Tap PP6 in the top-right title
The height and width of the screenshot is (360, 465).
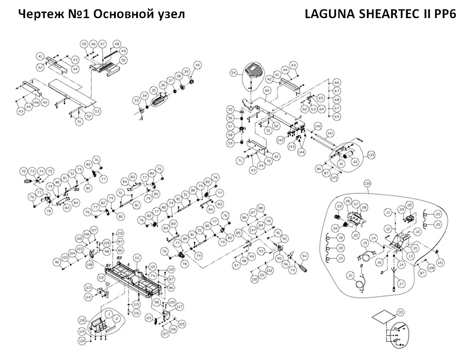pyautogui.click(x=444, y=14)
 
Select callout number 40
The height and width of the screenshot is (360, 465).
pyautogui.click(x=197, y=65)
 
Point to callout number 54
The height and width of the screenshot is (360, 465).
pyautogui.click(x=234, y=72)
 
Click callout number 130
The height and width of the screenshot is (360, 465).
pyautogui.click(x=368, y=183)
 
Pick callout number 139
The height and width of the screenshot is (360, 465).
pyautogui.click(x=371, y=155)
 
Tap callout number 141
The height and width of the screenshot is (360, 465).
pyautogui.click(x=330, y=133)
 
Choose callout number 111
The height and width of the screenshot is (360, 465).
pyautogui.click(x=137, y=257)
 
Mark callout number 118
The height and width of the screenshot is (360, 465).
pyautogui.click(x=82, y=321)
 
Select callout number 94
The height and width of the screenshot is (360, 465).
pyautogui.click(x=305, y=256)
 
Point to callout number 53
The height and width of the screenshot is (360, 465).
pyautogui.click(x=97, y=111)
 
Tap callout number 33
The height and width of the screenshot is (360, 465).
pyautogui.click(x=136, y=100)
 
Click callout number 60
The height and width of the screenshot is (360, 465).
pyautogui.click(x=267, y=91)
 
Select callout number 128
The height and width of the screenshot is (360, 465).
pyautogui.click(x=431, y=268)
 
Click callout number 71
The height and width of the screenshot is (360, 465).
pyautogui.click(x=240, y=161)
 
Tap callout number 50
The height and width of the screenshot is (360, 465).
pyautogui.click(x=123, y=60)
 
